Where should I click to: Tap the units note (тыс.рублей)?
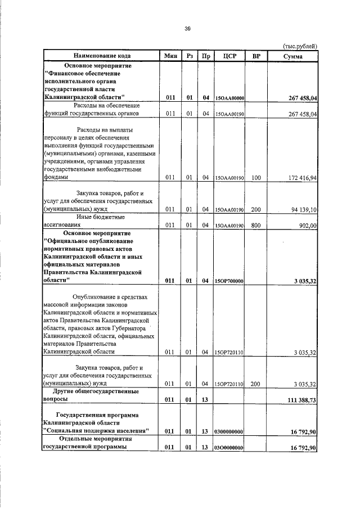pyautogui.click(x=299, y=46)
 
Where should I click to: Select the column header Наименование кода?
pyautogui.click(x=102, y=56)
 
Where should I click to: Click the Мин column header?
pyautogui.click(x=171, y=56)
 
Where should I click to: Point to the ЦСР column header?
pyautogui.click(x=229, y=56)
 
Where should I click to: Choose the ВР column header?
pyautogui.click(x=256, y=56)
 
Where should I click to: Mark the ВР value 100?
pyautogui.click(x=256, y=178)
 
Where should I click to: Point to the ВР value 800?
pyautogui.click(x=256, y=225)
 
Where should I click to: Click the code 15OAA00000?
pyautogui.click(x=229, y=98)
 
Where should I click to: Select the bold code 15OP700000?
pyautogui.click(x=229, y=281)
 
